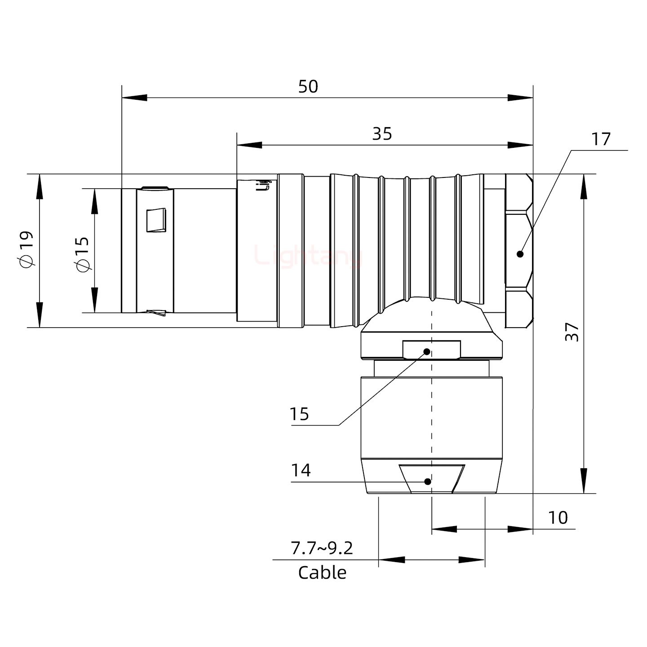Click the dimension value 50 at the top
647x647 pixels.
pyautogui.click(x=308, y=86)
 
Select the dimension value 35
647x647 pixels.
pyautogui.click(x=382, y=133)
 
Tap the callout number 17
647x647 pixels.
pyautogui.click(x=601, y=139)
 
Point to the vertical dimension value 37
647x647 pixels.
pyautogui.click(x=572, y=332)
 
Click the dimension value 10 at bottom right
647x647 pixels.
pyautogui.click(x=558, y=518)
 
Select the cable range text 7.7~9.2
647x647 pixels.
pyautogui.click(x=322, y=548)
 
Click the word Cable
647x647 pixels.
pyautogui.click(x=322, y=573)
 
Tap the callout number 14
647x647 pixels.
pyautogui.click(x=301, y=470)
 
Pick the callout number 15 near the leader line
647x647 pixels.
pyautogui.click(x=299, y=414)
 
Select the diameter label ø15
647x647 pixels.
pyautogui.click(x=83, y=254)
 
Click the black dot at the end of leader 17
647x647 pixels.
pyautogui.click(x=520, y=254)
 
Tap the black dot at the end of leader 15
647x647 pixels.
pyautogui.click(x=427, y=351)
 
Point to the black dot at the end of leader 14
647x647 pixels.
pyautogui.click(x=428, y=482)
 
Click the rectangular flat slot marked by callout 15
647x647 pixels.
pyautogui.click(x=431, y=350)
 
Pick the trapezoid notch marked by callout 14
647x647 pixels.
pyautogui.click(x=431, y=479)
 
